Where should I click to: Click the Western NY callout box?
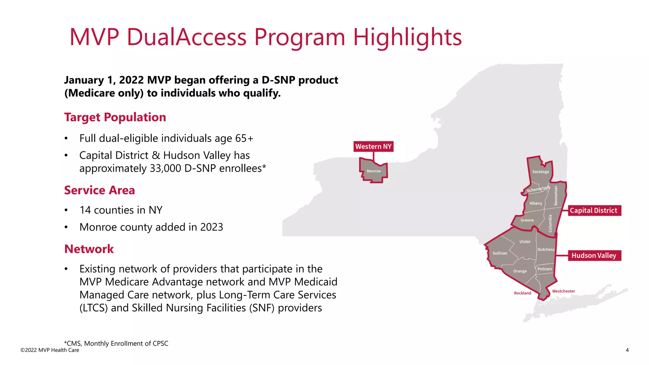pyautogui.click(x=373, y=146)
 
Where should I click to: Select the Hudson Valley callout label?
pyautogui.click(x=594, y=255)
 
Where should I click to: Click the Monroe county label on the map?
pyautogui.click(x=374, y=171)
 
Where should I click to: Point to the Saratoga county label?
pyautogui.click(x=540, y=172)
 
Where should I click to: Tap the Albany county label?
pyautogui.click(x=536, y=203)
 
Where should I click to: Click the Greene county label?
pyautogui.click(x=527, y=220)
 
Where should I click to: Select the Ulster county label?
pyautogui.click(x=525, y=242)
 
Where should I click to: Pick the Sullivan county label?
pyautogui.click(x=500, y=253)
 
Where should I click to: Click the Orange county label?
pyautogui.click(x=520, y=271)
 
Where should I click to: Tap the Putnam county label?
pyautogui.click(x=544, y=269)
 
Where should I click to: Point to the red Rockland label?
pyautogui.click(x=522, y=293)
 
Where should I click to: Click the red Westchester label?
pyautogui.click(x=563, y=291)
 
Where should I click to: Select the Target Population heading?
pyautogui.click(x=115, y=117)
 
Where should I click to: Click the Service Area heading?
pyautogui.click(x=100, y=190)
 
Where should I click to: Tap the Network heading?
pyautogui.click(x=89, y=249)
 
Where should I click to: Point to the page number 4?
pyautogui.click(x=627, y=350)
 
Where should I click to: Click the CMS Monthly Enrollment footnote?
pyautogui.click(x=116, y=343)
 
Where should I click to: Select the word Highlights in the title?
pyautogui.click(x=407, y=37)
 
